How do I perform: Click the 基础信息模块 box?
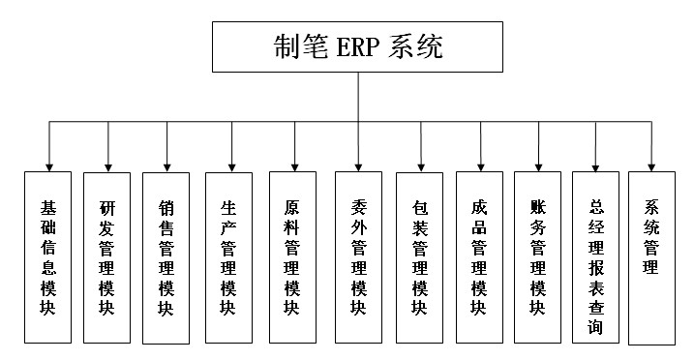pos(48,256)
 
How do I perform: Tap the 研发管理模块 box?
pos(107,256)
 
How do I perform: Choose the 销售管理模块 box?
pos(166,257)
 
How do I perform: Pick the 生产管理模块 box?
pos(228,256)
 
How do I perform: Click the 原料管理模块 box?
pos(292,256)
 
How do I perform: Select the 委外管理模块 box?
pos(358,256)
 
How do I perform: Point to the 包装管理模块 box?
pos(420,256)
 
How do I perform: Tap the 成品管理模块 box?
pos(479,256)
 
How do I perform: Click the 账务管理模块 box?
pos(538,256)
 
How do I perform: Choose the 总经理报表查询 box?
pos(595,256)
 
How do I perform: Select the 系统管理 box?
pos(651,256)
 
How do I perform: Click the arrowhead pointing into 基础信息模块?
pos(48,165)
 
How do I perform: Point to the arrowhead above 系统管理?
pos(651,165)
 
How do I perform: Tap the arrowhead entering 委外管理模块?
pos(358,165)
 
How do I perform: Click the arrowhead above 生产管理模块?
pos(229,165)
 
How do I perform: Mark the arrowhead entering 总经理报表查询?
pos(595,165)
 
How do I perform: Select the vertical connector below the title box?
pos(358,97)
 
